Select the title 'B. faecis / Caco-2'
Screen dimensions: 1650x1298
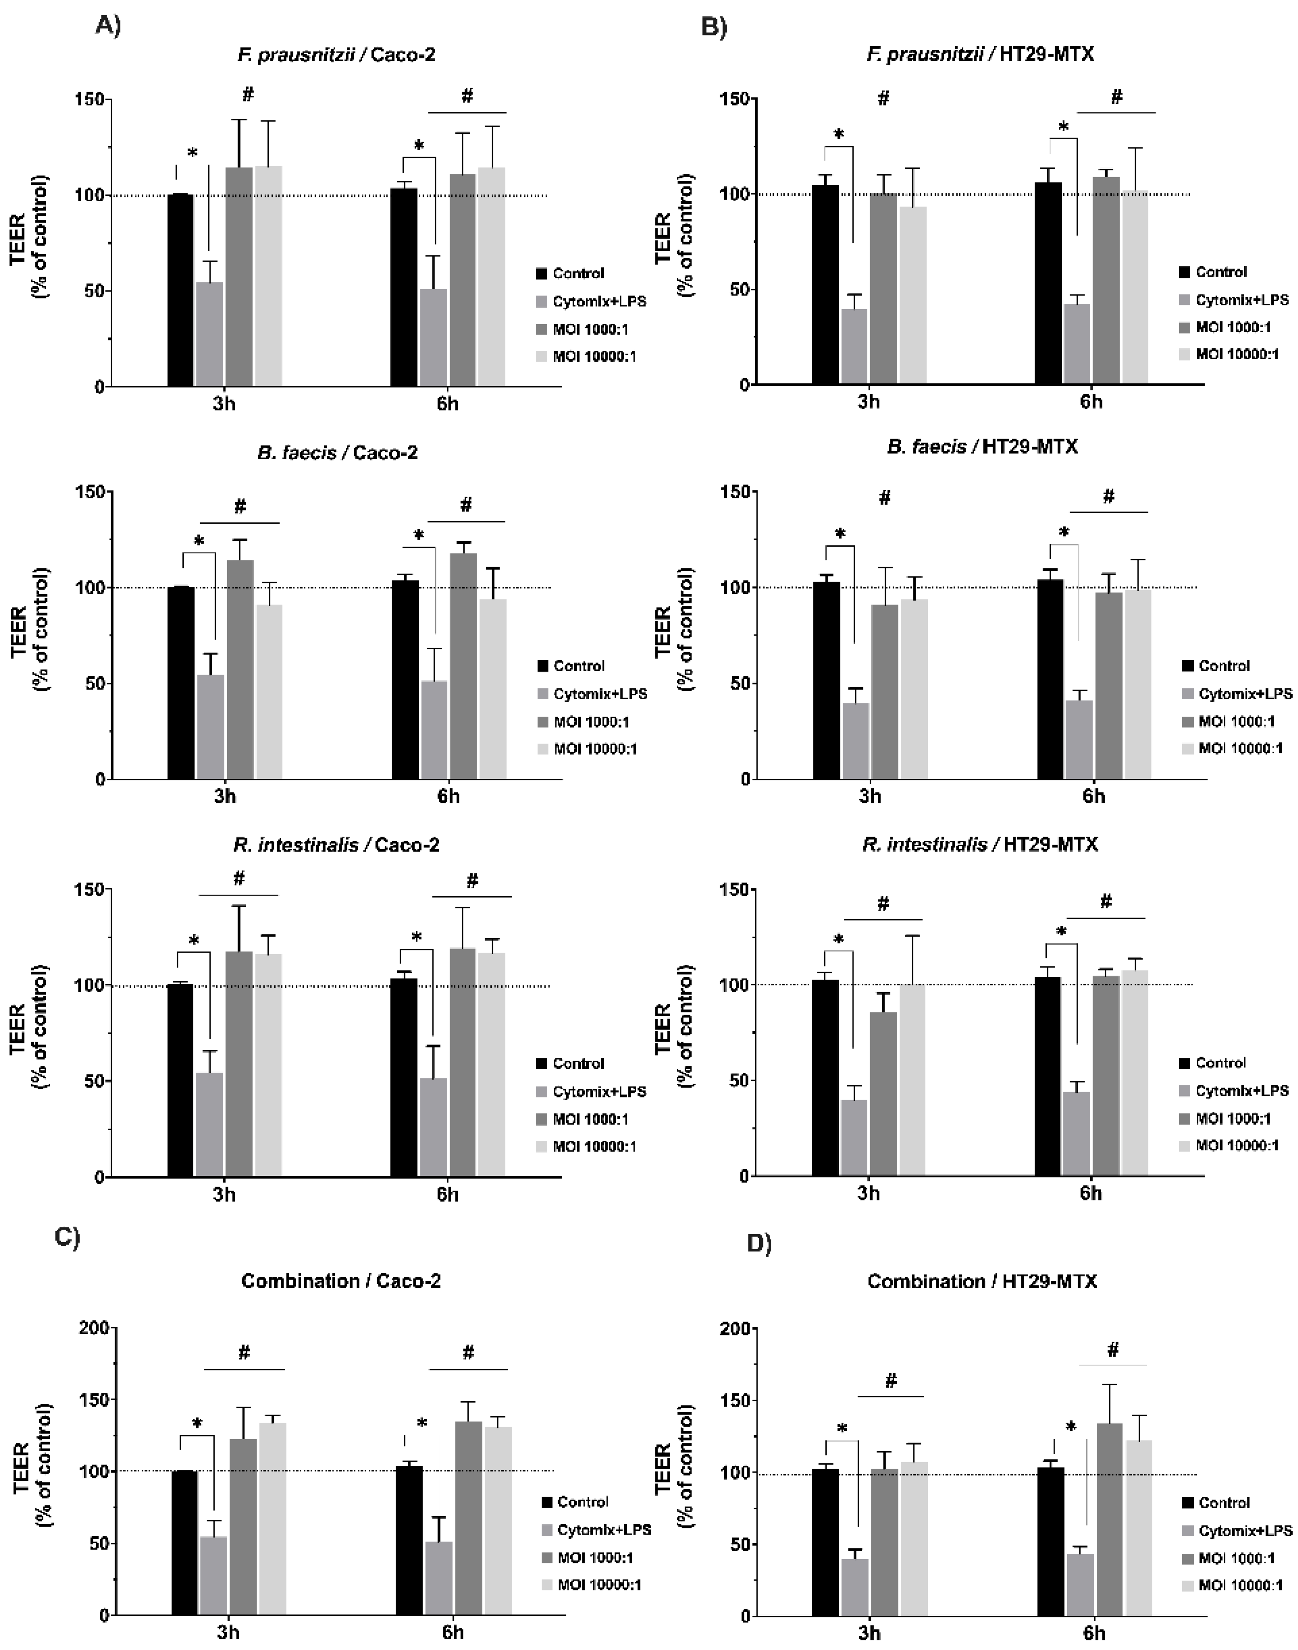coord(337,453)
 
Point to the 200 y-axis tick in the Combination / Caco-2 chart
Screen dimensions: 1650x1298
coord(97,1328)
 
